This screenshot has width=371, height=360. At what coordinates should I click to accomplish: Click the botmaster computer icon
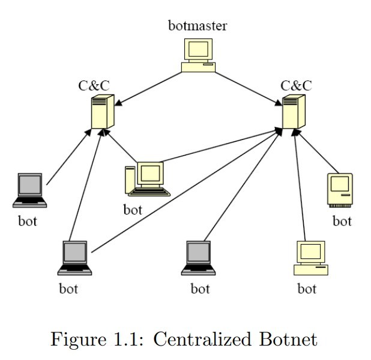pyautogui.click(x=198, y=55)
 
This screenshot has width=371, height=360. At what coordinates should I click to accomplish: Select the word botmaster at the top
pyautogui.click(x=198, y=26)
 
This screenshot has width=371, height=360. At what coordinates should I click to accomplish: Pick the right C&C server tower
pyautogui.click(x=294, y=111)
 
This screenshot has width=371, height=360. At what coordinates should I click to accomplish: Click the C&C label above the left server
pyautogui.click(x=94, y=85)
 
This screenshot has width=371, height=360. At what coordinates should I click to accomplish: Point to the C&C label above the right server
pyautogui.click(x=296, y=85)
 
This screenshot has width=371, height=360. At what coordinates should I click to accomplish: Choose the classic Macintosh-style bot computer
pyautogui.click(x=340, y=190)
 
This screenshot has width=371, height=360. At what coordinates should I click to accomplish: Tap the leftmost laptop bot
pyautogui.click(x=29, y=191)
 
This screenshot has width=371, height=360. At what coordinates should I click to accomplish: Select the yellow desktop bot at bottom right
pyautogui.click(x=311, y=258)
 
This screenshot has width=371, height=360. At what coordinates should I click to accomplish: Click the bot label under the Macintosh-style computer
pyautogui.click(x=342, y=221)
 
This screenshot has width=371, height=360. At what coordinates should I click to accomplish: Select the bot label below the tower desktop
pyautogui.click(x=133, y=210)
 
